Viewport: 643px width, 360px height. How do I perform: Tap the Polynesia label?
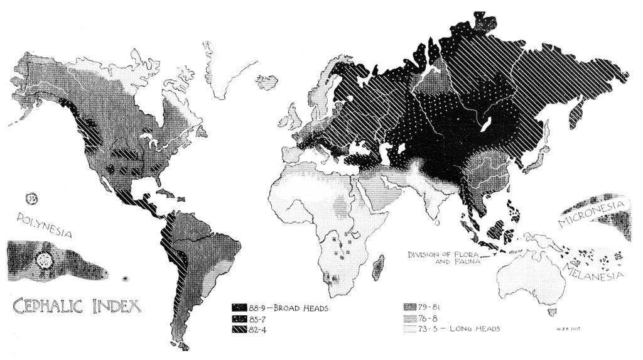[40, 225]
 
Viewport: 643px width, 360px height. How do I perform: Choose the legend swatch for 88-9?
[239, 308]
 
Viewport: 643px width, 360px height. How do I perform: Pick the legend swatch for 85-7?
[239, 319]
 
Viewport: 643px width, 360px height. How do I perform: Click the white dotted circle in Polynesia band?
[45, 259]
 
